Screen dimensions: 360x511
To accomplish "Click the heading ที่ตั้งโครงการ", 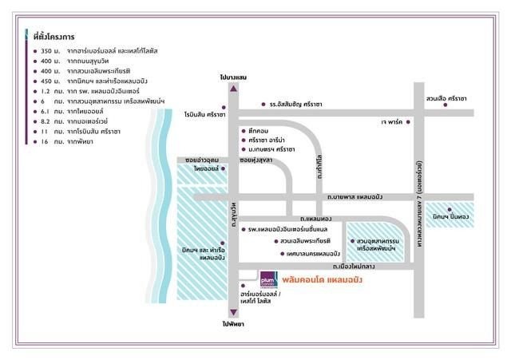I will tap(54, 37).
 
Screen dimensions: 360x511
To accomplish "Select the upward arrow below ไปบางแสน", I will tap(232, 89).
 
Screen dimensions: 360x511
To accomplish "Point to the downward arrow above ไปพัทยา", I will tap(232, 313).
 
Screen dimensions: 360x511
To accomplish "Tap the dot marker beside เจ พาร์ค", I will tap(408, 122).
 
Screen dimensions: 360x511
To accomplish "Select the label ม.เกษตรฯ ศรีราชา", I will tap(271, 148).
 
